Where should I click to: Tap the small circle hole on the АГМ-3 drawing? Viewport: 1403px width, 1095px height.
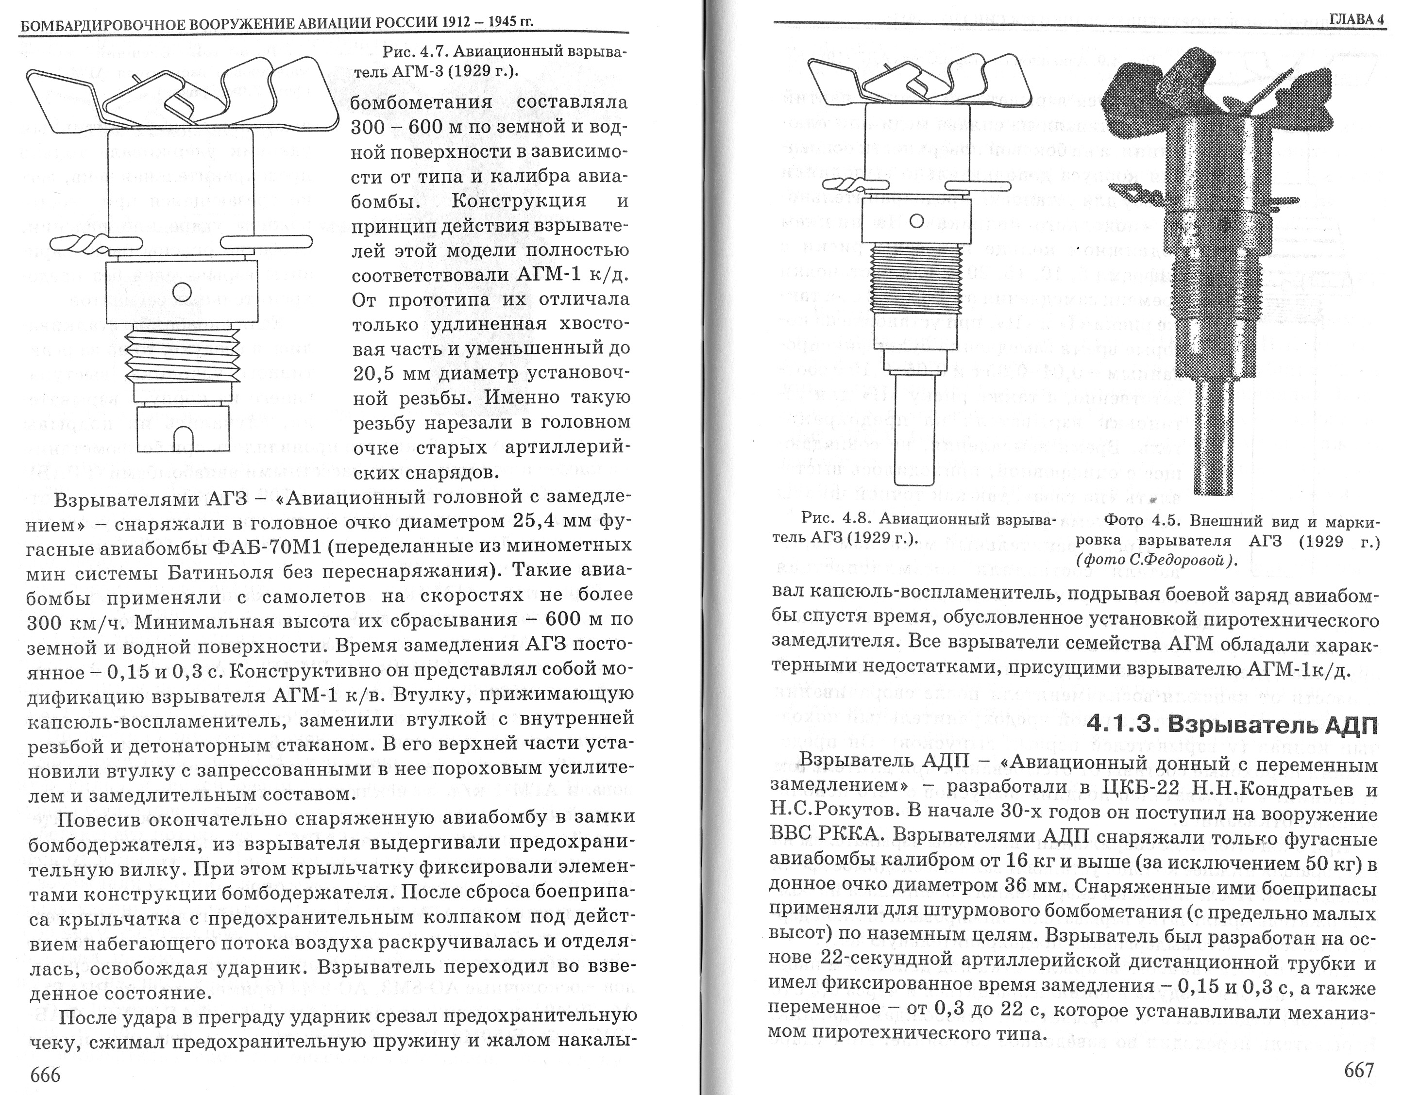(x=183, y=292)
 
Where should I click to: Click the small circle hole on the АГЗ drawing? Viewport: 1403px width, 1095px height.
(x=916, y=221)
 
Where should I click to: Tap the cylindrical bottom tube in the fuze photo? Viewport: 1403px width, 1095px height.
(x=1216, y=437)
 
